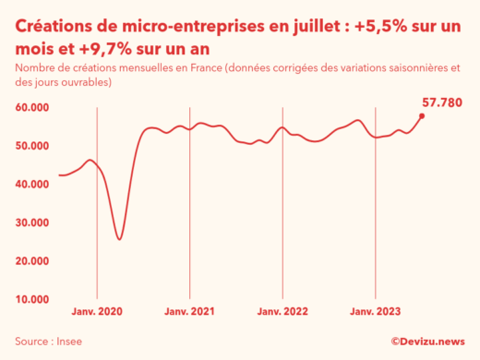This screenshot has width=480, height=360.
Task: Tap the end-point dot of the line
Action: (x=422, y=115)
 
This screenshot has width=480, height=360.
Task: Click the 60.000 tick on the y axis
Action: (x=31, y=107)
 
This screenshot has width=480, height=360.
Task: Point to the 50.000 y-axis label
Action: (x=31, y=146)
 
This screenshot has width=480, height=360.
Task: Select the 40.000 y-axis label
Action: (x=31, y=185)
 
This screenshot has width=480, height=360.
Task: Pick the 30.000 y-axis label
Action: (x=31, y=222)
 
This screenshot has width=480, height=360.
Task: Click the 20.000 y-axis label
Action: (x=31, y=261)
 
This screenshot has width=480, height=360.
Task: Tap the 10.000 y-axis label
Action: (x=31, y=299)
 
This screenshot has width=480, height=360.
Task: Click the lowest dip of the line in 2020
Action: (x=119, y=239)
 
